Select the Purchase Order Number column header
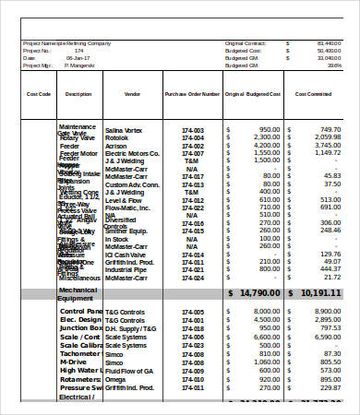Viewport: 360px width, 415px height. (192, 94)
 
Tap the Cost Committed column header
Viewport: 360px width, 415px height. (314, 94)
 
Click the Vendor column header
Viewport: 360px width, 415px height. (132, 94)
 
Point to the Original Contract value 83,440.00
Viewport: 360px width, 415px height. (327, 42)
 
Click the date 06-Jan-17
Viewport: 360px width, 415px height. (77, 57)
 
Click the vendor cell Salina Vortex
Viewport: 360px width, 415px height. (126, 129)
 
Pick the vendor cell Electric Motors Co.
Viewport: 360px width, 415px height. (132, 153)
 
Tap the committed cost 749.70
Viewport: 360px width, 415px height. (329, 129)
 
